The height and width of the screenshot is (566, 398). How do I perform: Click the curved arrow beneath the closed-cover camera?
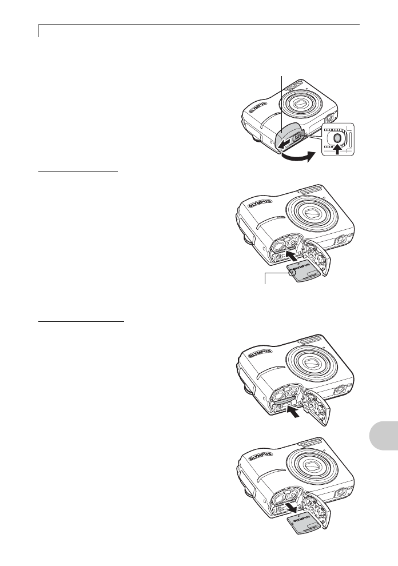tap(297, 158)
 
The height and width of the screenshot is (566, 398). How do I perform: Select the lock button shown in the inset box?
tap(337, 138)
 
